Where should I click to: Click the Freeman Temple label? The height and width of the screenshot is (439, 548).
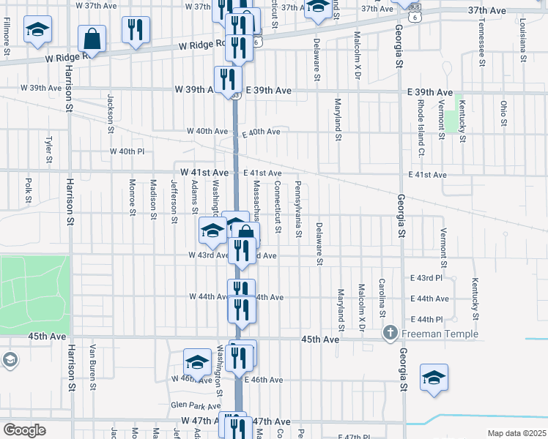438,334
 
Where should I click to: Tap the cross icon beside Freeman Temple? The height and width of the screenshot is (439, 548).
390,334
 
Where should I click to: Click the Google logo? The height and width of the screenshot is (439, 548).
24,430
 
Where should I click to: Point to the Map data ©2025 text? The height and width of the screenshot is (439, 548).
516,433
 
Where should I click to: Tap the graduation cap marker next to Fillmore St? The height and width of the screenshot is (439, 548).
37,31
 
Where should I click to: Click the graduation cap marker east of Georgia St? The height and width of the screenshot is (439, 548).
434,378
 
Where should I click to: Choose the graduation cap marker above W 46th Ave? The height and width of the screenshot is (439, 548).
197,362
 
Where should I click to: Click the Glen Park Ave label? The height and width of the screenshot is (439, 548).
190,405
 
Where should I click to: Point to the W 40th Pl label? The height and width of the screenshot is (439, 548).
127,151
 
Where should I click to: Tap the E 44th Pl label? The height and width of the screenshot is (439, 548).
429,319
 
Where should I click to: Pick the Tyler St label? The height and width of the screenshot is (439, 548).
49,149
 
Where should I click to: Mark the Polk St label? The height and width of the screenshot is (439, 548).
28,189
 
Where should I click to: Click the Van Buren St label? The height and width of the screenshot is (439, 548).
93,364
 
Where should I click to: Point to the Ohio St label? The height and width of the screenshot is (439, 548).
504,113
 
